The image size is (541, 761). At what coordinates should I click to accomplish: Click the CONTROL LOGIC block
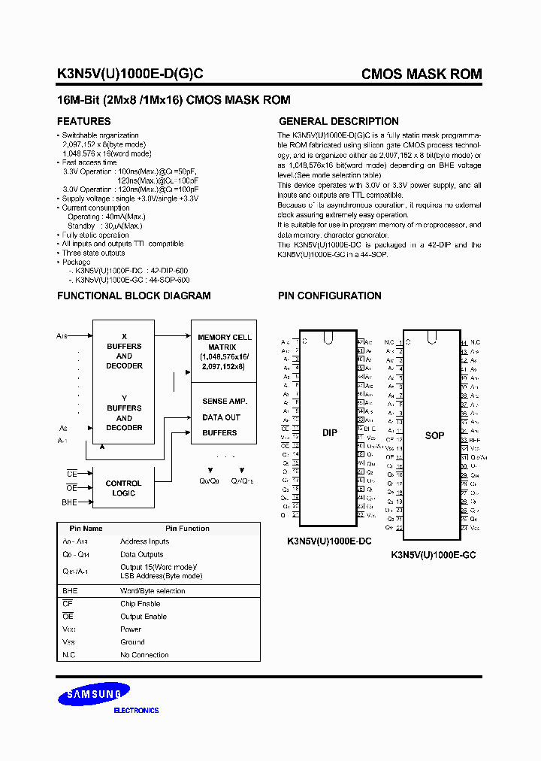point(123,488)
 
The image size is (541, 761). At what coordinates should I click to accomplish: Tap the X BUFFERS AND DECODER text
point(124,356)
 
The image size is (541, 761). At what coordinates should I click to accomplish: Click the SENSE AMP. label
point(225,402)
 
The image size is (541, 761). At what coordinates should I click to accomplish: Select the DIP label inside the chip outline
point(329,432)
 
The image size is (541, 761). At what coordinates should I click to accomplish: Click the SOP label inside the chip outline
point(434,435)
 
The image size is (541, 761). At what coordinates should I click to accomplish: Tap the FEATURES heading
point(84,121)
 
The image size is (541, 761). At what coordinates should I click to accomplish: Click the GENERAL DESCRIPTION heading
point(339,121)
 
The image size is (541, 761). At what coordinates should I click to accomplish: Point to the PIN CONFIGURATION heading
point(330,296)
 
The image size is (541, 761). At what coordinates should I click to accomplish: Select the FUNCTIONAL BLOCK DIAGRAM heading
point(134,296)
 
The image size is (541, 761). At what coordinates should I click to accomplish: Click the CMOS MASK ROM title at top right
point(422,74)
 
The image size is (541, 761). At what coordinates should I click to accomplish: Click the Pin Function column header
point(188,529)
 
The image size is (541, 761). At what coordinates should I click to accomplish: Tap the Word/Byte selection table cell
point(153,591)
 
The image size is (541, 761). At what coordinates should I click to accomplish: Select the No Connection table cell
point(144,655)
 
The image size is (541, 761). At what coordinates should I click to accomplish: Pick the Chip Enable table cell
point(141,604)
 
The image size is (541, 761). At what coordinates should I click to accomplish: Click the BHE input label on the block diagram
point(69,502)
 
